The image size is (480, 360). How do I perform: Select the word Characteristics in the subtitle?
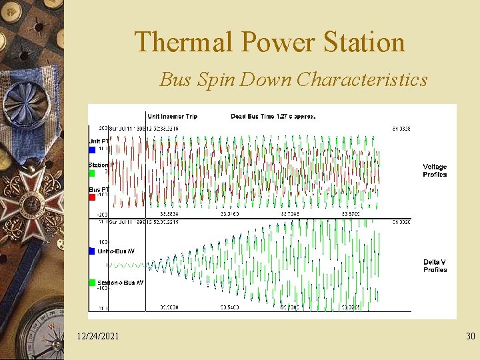coord(362,80)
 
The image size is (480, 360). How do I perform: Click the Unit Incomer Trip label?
coord(172,116)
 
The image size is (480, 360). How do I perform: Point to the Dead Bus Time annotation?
coord(273,116)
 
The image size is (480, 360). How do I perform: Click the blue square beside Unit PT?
coord(92,150)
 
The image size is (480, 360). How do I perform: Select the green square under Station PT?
coord(92,173)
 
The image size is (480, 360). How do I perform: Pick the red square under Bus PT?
coord(92,197)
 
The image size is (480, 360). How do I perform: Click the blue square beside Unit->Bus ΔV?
coord(92,251)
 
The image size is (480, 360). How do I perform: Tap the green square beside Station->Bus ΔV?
coord(92,283)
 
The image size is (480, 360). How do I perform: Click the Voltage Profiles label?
coord(435,171)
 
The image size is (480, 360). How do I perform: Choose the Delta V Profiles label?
coord(435,266)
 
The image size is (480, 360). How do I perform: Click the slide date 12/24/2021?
coord(98,337)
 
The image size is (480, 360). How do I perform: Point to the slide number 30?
coord(471,337)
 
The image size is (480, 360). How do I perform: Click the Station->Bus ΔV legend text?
coord(121,283)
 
